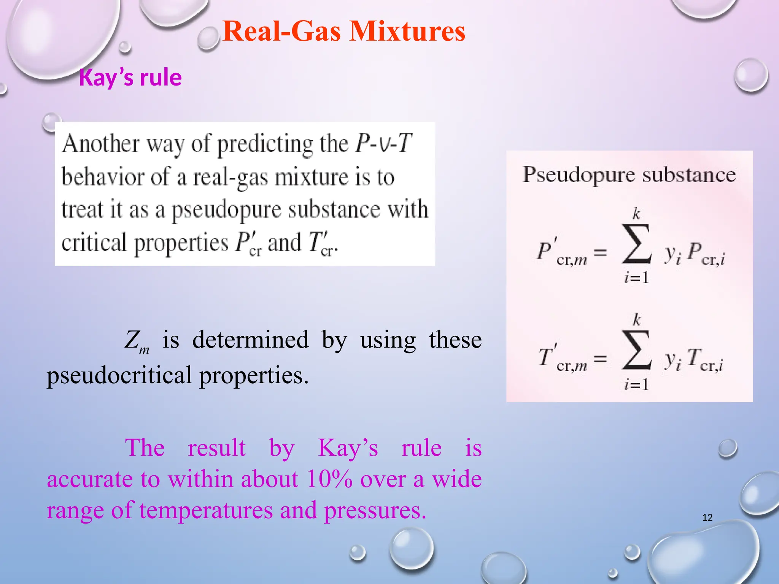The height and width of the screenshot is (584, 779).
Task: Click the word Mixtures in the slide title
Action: point(407,31)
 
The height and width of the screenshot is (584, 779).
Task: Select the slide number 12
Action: point(707,517)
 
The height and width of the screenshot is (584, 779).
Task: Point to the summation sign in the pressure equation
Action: point(636,244)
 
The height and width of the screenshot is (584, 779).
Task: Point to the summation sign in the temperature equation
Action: point(636,350)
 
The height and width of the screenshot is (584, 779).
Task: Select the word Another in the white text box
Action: point(101,144)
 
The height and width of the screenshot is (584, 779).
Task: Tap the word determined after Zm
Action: point(250,340)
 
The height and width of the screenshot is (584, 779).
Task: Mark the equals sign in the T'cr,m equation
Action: point(600,358)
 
